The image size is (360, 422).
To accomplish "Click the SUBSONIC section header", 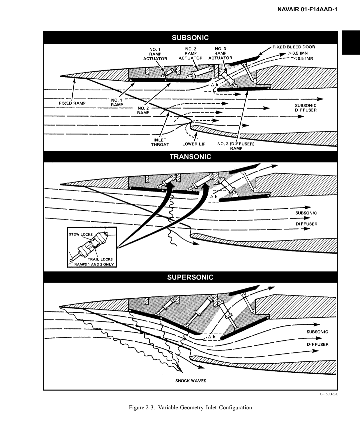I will coord(190,38).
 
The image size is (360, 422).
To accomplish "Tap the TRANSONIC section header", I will coord(190,157).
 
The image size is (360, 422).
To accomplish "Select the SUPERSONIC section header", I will coord(190,277).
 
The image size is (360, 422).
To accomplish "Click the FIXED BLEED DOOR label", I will coord(294,47).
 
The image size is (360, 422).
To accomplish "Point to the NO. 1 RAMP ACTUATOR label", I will coord(155,54).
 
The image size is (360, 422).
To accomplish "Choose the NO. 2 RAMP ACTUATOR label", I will coord(190,53).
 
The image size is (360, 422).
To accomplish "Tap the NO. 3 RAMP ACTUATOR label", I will coord(220,53).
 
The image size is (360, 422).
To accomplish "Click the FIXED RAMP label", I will coord(72,103).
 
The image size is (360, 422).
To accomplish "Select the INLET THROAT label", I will coord(160,143).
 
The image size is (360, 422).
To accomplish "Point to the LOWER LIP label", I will coord(194,144).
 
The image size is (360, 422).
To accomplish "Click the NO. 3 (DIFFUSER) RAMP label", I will coord(236,146).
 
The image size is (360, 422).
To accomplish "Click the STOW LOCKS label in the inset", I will coord(81,234).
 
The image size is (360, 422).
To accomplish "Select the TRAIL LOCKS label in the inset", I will coord(100,259).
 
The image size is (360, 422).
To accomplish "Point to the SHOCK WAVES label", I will coord(191,381).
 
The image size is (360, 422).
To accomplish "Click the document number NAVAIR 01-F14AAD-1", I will coord(307,10).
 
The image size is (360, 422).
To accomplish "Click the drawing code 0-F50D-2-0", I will coord(329,394).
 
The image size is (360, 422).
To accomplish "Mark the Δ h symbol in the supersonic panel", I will coord(212,337).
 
